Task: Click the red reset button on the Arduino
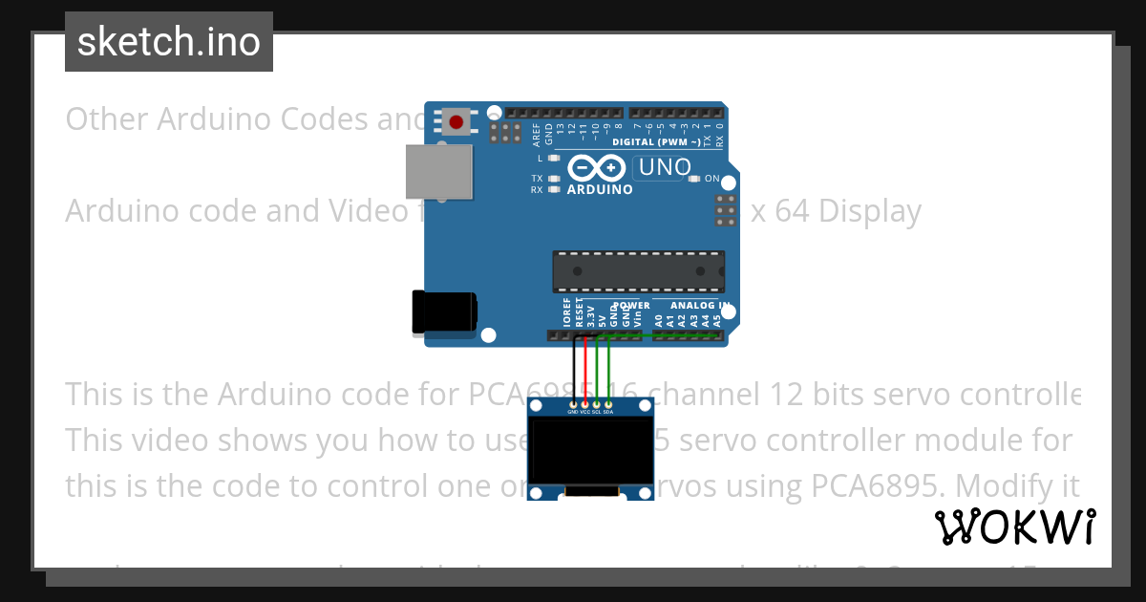(456, 122)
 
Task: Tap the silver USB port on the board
(438, 172)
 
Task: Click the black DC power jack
(443, 312)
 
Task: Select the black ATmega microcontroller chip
(638, 271)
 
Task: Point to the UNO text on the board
(664, 167)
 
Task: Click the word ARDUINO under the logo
(600, 189)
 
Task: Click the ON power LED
(695, 179)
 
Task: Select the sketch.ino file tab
(169, 41)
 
